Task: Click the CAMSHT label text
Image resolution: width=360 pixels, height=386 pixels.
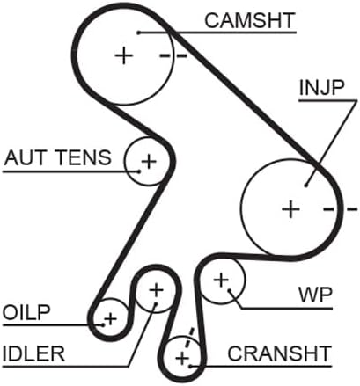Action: [x=250, y=20]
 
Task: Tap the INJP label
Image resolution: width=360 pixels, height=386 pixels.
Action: [x=321, y=88]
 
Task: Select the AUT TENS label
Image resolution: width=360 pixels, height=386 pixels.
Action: [x=58, y=157]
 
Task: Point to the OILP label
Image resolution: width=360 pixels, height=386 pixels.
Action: [x=26, y=312]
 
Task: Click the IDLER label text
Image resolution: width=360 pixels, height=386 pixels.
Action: [x=33, y=353]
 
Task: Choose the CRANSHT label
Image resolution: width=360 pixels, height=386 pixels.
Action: [x=279, y=353]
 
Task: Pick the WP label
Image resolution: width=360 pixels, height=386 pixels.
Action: [x=315, y=295]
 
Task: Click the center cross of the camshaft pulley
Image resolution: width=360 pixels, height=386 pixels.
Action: [x=124, y=55]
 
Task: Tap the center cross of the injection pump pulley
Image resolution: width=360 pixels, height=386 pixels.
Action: [x=290, y=209]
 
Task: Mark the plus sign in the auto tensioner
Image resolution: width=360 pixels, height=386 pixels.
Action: [x=149, y=161]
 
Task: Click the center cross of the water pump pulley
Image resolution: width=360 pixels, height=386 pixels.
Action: [x=221, y=280]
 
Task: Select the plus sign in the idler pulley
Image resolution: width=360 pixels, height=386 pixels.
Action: [x=156, y=290]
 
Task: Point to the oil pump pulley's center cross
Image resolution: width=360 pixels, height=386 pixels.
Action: [x=111, y=318]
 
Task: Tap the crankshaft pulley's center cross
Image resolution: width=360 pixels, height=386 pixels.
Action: [x=182, y=358]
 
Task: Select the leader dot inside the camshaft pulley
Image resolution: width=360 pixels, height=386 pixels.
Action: [x=139, y=33]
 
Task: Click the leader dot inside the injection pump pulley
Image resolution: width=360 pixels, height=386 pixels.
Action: [x=305, y=185]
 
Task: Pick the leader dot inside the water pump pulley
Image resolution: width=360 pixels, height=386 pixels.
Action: [x=230, y=290]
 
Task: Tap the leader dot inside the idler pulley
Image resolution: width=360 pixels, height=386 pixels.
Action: [x=156, y=304]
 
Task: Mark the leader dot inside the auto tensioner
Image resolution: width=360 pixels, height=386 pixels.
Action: [x=139, y=171]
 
